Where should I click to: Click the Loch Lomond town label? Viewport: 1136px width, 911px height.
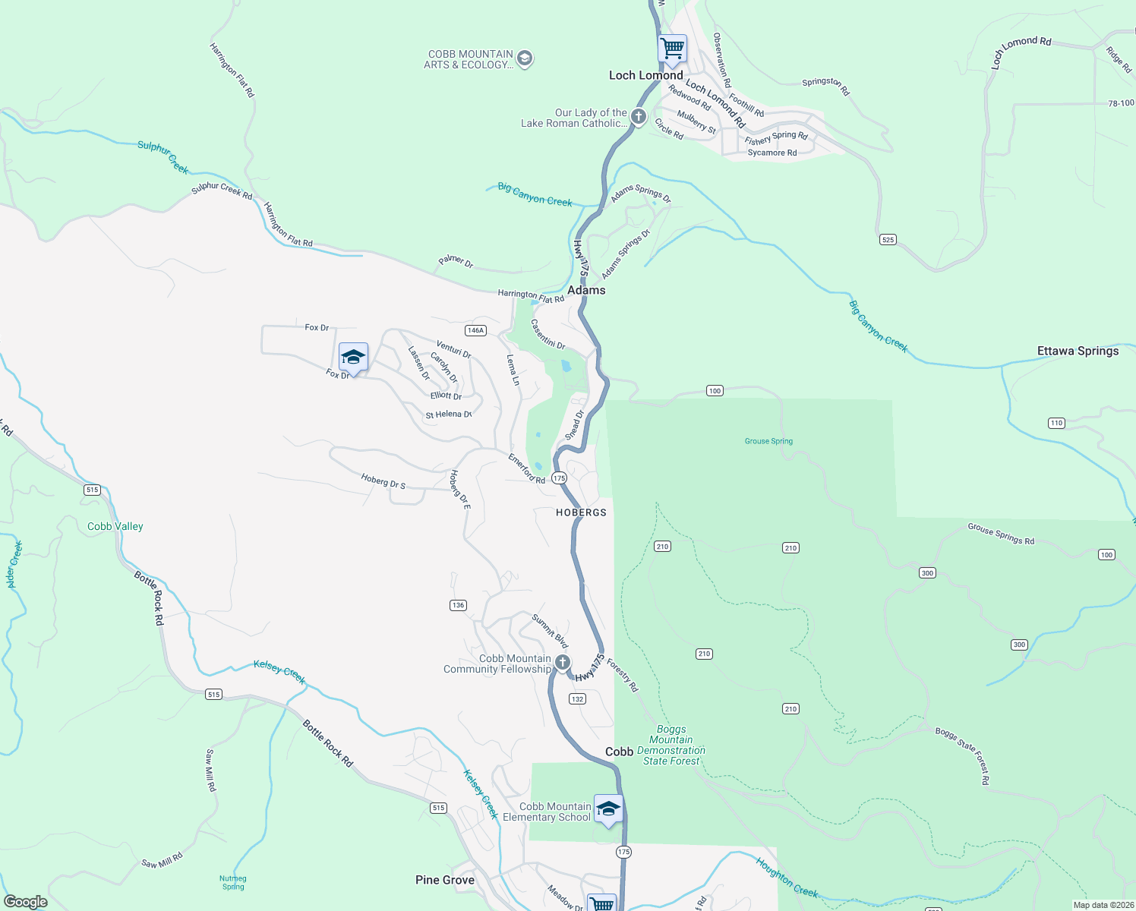(x=645, y=75)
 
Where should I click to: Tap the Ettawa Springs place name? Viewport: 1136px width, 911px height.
(x=1078, y=351)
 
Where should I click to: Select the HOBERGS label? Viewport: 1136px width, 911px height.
(x=581, y=512)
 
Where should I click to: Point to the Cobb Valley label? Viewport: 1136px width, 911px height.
(x=115, y=526)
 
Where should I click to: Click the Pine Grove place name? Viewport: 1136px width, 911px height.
(x=445, y=880)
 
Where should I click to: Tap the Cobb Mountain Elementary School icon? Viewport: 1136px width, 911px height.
(x=608, y=809)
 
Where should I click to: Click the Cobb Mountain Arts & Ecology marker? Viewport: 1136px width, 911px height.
(x=525, y=58)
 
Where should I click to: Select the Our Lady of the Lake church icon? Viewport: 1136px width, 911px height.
(x=639, y=117)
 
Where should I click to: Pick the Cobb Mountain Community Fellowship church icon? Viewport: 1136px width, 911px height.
(x=562, y=663)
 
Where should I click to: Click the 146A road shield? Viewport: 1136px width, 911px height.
(x=475, y=330)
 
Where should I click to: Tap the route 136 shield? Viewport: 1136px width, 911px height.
(x=458, y=605)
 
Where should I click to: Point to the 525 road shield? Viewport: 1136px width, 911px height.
(x=888, y=240)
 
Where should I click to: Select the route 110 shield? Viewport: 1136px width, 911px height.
(x=1056, y=423)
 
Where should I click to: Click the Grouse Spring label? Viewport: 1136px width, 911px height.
(x=768, y=441)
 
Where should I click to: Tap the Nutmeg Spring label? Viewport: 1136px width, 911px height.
(x=233, y=882)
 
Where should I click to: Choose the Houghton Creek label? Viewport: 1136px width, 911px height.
(x=787, y=878)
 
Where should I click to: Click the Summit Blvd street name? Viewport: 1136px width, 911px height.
(x=550, y=631)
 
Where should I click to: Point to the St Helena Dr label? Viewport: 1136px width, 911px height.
(x=449, y=415)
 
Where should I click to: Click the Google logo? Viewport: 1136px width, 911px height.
(x=26, y=902)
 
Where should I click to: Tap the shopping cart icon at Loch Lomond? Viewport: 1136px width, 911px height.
(x=672, y=49)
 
